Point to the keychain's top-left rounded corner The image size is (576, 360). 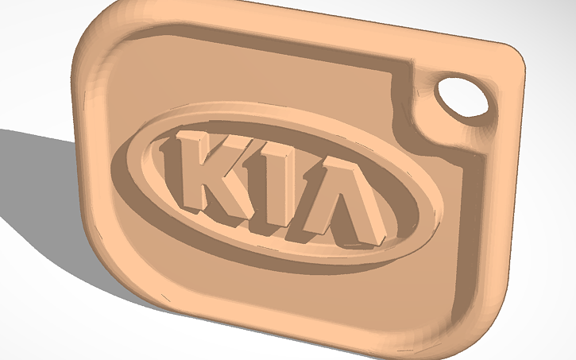pos(99,40)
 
